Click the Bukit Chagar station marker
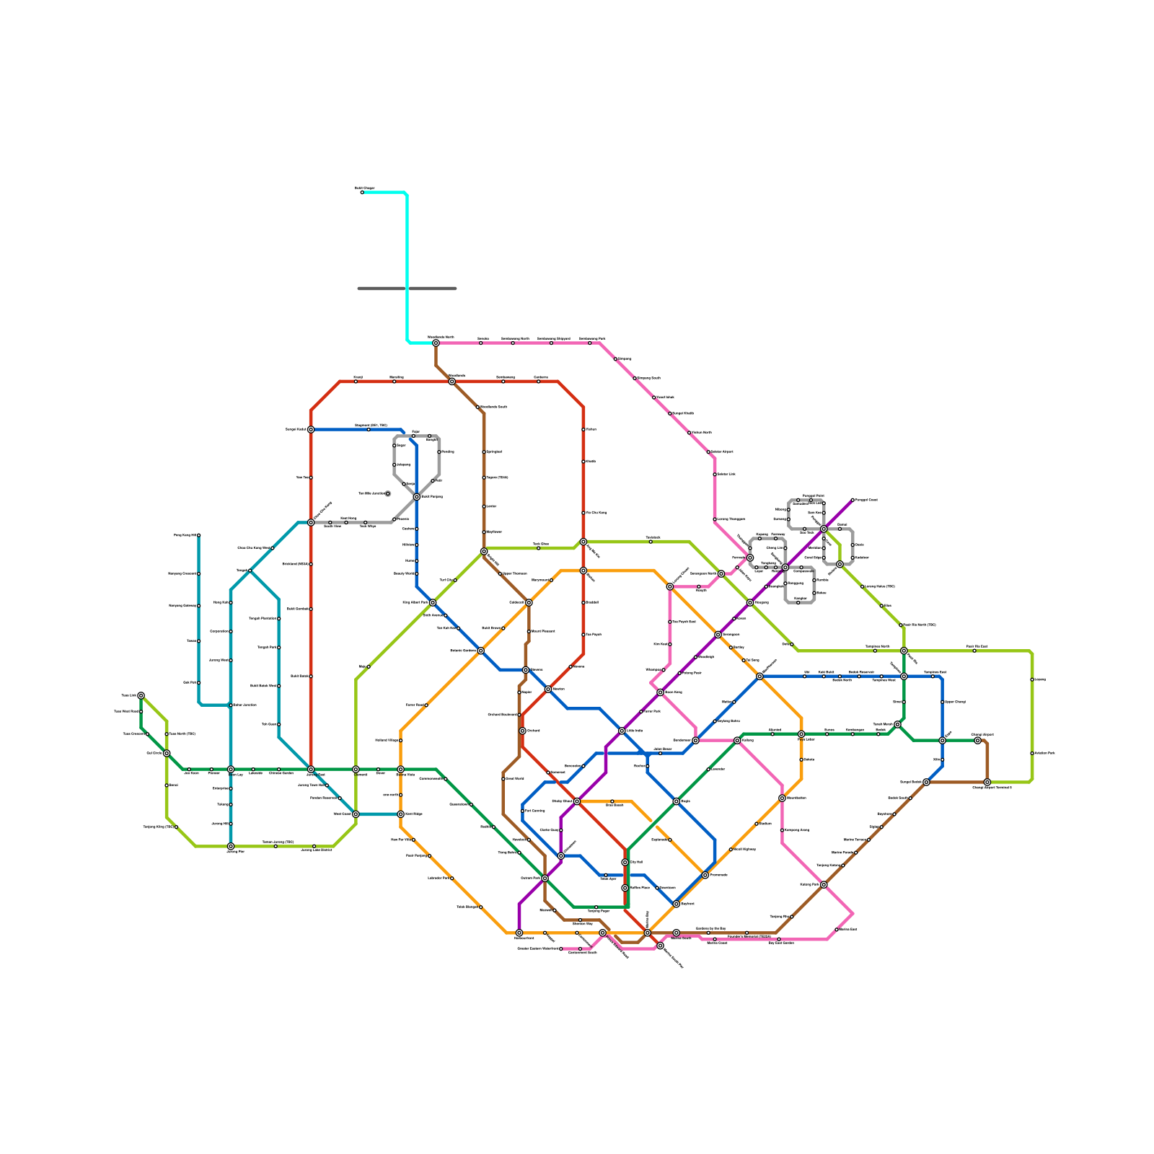[362, 193]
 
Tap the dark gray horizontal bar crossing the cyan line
[407, 288]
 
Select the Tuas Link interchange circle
[141, 696]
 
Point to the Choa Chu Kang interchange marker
[311, 523]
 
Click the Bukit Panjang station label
[431, 497]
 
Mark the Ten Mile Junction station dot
[388, 494]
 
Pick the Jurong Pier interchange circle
[231, 846]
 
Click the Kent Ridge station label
[414, 814]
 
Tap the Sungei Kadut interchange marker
[311, 430]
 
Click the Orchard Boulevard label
[502, 715]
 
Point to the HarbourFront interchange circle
[519, 933]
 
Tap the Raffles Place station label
[640, 888]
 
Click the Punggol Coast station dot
[853, 500]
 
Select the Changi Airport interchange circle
[978, 741]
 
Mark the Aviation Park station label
[1044, 754]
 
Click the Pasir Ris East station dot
[974, 651]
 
